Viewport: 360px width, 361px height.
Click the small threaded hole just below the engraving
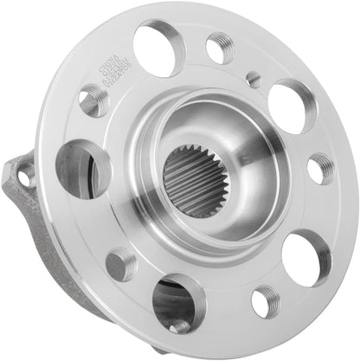[x=93, y=102]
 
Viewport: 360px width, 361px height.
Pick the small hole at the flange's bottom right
[x=263, y=300]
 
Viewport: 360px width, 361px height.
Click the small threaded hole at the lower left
[x=121, y=262]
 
